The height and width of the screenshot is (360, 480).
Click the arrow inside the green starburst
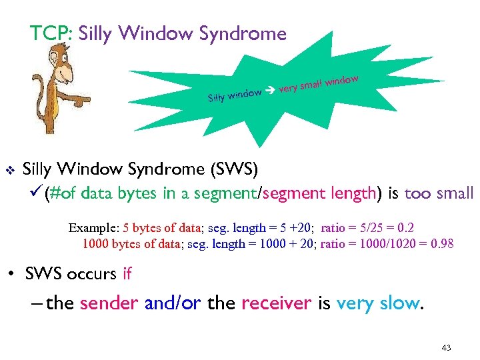[269, 91]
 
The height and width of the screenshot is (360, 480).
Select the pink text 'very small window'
[319, 83]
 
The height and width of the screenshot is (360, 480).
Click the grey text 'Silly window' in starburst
[234, 96]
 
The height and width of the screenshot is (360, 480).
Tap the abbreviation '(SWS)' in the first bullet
[233, 169]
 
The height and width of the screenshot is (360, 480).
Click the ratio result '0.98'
[442, 243]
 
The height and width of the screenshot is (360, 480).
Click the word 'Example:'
[95, 227]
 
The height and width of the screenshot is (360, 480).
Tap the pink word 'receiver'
[276, 303]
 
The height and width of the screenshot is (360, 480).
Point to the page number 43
[446, 348]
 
